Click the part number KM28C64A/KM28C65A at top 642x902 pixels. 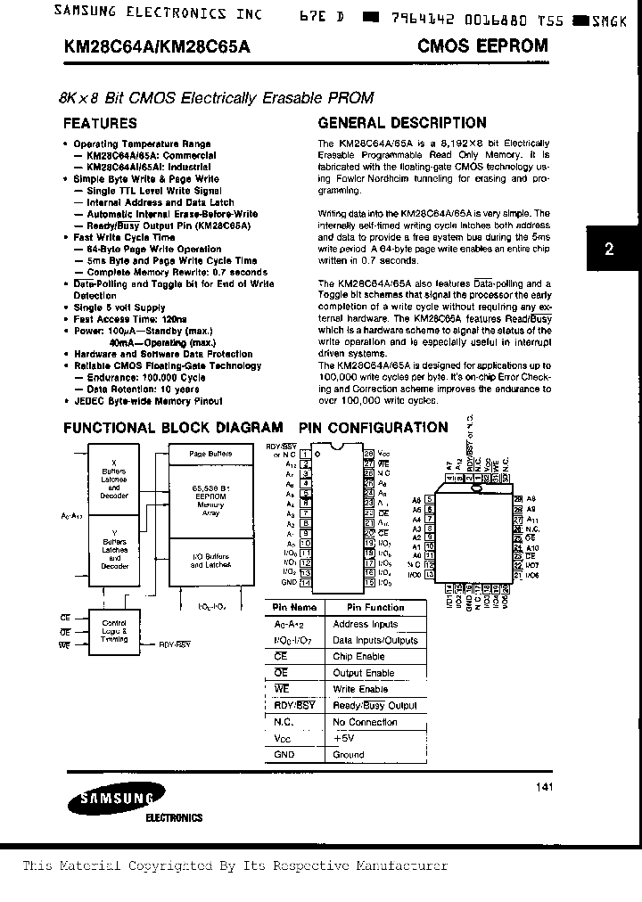click(157, 45)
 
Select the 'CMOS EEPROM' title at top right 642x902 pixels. click(482, 45)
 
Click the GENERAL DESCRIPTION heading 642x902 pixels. click(402, 123)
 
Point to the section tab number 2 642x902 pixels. click(610, 250)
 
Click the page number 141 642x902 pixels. click(545, 787)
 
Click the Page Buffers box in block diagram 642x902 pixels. click(211, 455)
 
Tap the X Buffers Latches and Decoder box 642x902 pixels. click(115, 481)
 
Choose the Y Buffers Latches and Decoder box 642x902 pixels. click(115, 553)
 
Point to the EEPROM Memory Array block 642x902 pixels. click(211, 499)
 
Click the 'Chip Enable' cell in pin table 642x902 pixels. click(358, 657)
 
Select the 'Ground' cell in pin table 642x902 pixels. click(349, 755)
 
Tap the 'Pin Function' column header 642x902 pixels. click(368, 608)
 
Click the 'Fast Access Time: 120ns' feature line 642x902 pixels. click(130, 319)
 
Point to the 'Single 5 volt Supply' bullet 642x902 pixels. click(119, 307)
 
